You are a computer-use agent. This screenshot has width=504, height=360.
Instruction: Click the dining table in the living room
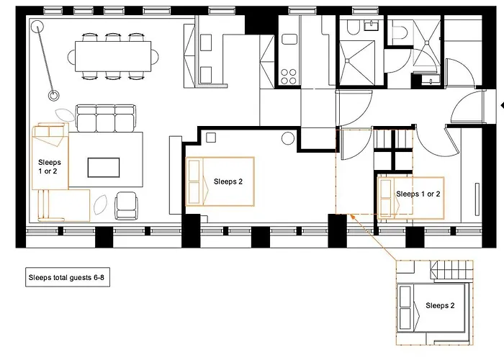(114, 53)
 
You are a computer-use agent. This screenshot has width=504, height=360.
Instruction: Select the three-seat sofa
(105, 118)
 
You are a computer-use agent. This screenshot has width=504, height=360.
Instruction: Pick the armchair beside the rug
(126, 206)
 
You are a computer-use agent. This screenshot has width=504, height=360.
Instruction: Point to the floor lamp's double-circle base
(53, 94)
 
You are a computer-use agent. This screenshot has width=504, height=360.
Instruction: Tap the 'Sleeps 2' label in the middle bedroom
(228, 181)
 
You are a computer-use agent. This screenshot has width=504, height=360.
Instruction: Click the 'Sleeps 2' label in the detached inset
(440, 305)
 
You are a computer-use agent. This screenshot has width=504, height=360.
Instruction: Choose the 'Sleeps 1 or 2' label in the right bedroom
(418, 194)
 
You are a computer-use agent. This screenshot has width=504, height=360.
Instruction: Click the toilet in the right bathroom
(400, 30)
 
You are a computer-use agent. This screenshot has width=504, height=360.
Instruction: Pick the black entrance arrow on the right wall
(500, 105)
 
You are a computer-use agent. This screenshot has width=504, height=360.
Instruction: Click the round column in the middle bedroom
(288, 139)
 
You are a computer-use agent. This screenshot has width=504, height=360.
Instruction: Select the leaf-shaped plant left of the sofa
(65, 114)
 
